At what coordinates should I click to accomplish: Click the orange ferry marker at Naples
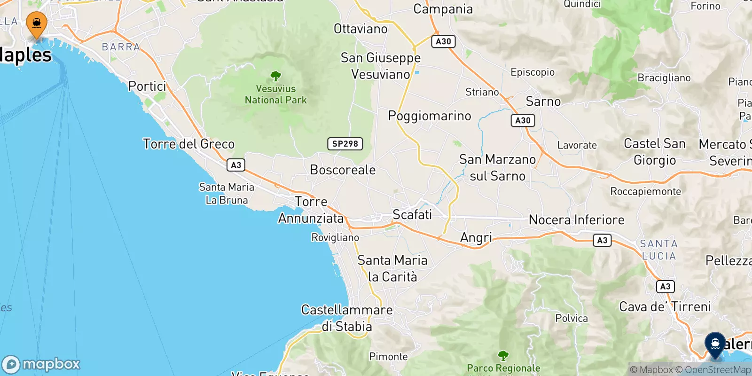[x=36, y=23]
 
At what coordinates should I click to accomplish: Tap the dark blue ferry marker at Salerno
[x=715, y=345]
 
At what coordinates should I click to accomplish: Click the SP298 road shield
[x=345, y=144]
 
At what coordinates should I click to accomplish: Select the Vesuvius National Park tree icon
[x=276, y=76]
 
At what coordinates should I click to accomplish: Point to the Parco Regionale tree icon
[x=503, y=355]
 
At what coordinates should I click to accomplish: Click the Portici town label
[x=147, y=86]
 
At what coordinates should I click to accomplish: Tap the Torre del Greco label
[x=188, y=144]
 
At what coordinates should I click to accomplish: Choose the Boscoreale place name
[x=343, y=170]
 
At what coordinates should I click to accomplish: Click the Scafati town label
[x=412, y=215]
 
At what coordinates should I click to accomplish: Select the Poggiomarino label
[x=429, y=116]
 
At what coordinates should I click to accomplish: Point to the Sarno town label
[x=543, y=102]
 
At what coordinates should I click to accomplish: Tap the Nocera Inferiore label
[x=576, y=220]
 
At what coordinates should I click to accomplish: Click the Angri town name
[x=476, y=238]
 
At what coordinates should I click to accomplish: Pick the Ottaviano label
[x=360, y=29]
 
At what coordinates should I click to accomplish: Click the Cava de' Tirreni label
[x=665, y=307]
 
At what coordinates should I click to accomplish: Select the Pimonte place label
[x=388, y=357]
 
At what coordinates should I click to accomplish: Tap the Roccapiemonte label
[x=645, y=191]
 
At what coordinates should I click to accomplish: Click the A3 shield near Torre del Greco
[x=236, y=165]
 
